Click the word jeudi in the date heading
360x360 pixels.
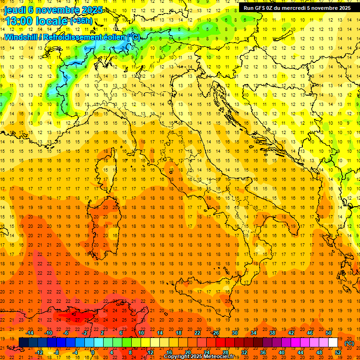pyautogui.click(x=14, y=9)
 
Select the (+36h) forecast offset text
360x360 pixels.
pyautogui.click(x=82, y=21)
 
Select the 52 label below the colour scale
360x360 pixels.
pyautogui.click(x=338, y=352)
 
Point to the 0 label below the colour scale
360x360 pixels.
pyautogui.click(x=93, y=352)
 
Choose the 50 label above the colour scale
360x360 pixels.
pyautogui.click(x=329, y=333)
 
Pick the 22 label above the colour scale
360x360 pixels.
pyautogui.click(x=197, y=333)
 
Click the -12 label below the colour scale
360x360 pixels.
pyautogui.click(x=39, y=352)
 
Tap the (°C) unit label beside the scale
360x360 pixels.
pyautogui.click(x=349, y=343)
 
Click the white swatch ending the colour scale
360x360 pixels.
pyautogui.click(x=333, y=343)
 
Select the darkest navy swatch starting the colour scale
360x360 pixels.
pyautogui.click(x=23, y=343)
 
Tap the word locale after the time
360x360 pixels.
pyautogui.click(x=53, y=21)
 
